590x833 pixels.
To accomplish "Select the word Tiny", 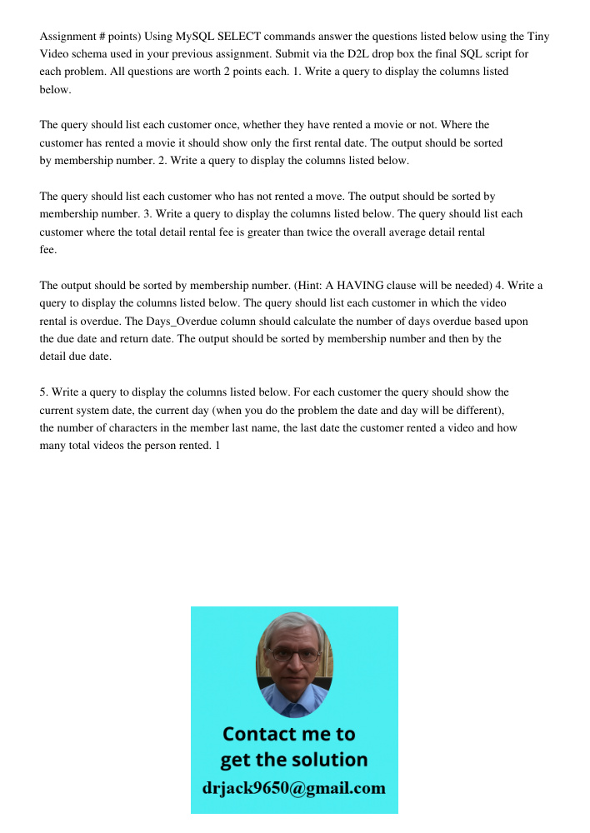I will click(x=538, y=37).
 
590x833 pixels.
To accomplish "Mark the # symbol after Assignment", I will click(x=99, y=37).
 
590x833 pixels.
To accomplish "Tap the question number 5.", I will click(x=42, y=392).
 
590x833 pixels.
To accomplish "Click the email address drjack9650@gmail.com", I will click(x=294, y=788).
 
